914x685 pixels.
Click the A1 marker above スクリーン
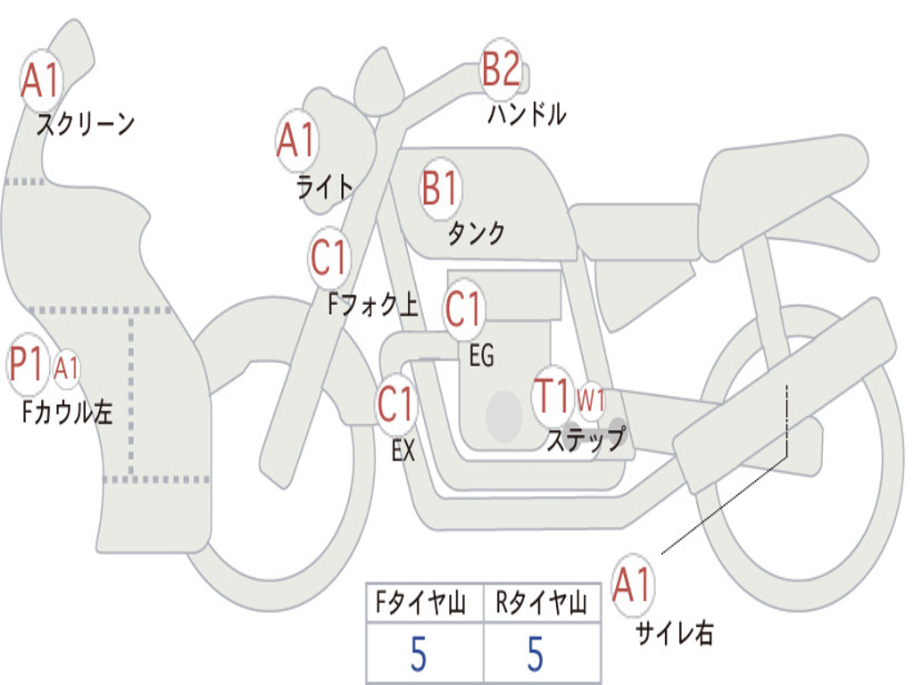(x=41, y=80)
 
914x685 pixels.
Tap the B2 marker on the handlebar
(x=502, y=69)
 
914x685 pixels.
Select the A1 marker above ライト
(x=297, y=140)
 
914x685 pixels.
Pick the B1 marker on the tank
(x=441, y=189)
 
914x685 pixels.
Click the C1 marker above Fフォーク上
(x=329, y=258)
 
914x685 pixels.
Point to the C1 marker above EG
(x=463, y=309)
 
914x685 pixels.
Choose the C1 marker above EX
(x=396, y=404)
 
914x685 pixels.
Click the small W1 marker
(x=591, y=400)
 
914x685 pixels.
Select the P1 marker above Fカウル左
(x=28, y=365)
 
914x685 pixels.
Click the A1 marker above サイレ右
(x=632, y=585)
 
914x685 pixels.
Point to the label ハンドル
(x=527, y=114)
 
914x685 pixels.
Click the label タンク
(x=477, y=233)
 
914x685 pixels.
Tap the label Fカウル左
(x=67, y=411)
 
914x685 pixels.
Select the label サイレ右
(x=675, y=632)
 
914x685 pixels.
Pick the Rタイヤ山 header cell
(x=542, y=602)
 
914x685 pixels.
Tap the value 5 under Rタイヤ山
(x=536, y=654)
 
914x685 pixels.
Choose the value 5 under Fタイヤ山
(x=419, y=654)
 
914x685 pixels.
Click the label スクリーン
(x=86, y=124)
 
